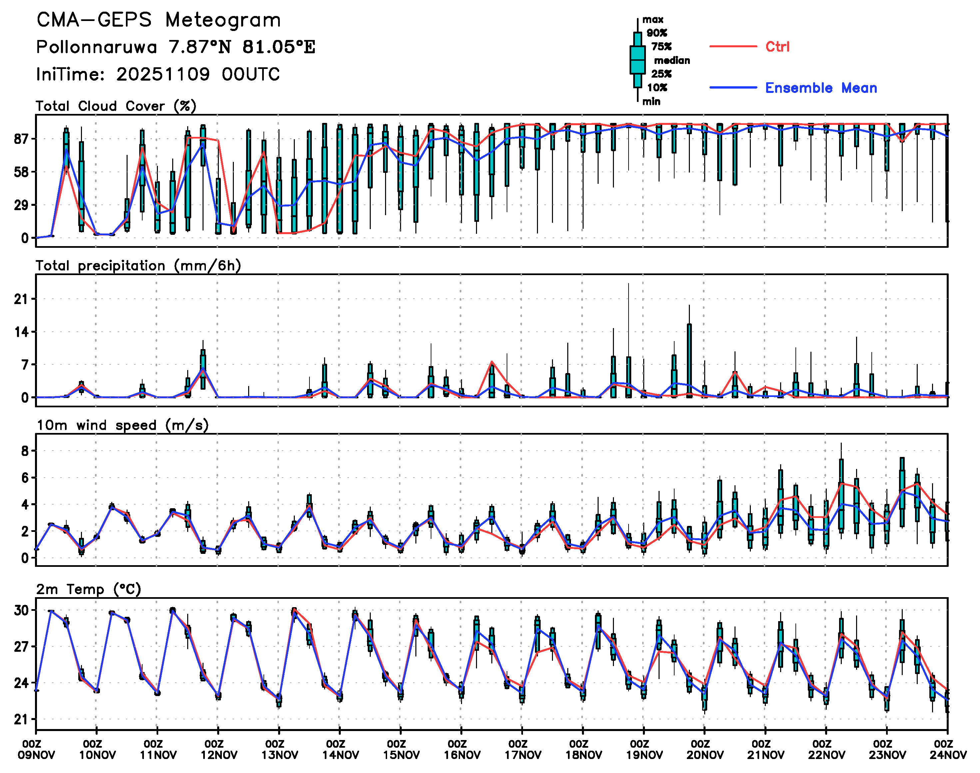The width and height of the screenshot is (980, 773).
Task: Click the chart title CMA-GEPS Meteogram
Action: click(x=159, y=20)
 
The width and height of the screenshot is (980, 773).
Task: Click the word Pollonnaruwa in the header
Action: click(x=96, y=47)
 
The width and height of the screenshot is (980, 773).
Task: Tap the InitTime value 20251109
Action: click(x=163, y=74)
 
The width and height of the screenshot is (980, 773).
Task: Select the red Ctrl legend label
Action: click(x=777, y=47)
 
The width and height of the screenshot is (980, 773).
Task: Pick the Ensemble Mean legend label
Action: click(x=821, y=88)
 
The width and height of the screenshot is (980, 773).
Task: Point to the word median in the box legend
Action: click(x=672, y=60)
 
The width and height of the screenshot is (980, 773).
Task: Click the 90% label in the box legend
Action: click(x=656, y=33)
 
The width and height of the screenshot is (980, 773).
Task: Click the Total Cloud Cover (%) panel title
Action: click(x=116, y=106)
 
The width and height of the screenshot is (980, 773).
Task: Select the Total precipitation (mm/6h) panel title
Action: click(x=138, y=266)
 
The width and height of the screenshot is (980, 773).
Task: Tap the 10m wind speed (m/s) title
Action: click(x=122, y=425)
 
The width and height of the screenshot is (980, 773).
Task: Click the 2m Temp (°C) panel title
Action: click(x=89, y=589)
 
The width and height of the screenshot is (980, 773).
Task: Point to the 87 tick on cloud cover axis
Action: click(x=21, y=139)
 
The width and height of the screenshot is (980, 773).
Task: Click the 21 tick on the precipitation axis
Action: click(x=21, y=299)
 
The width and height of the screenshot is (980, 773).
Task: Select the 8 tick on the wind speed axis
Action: click(x=24, y=451)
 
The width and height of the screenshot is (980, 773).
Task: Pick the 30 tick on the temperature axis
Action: click(x=21, y=610)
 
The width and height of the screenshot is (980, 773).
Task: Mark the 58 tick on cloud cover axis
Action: click(x=21, y=172)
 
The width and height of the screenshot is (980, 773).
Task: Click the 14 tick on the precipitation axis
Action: click(x=21, y=332)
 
